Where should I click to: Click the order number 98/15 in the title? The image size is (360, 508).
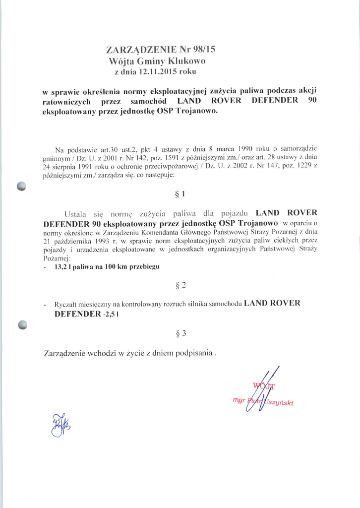[204, 49]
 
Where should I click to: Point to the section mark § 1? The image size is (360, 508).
[180, 194]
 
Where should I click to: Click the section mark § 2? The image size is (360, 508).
[180, 285]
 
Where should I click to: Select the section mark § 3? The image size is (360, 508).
[180, 333]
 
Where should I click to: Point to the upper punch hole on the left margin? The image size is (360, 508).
[21, 186]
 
